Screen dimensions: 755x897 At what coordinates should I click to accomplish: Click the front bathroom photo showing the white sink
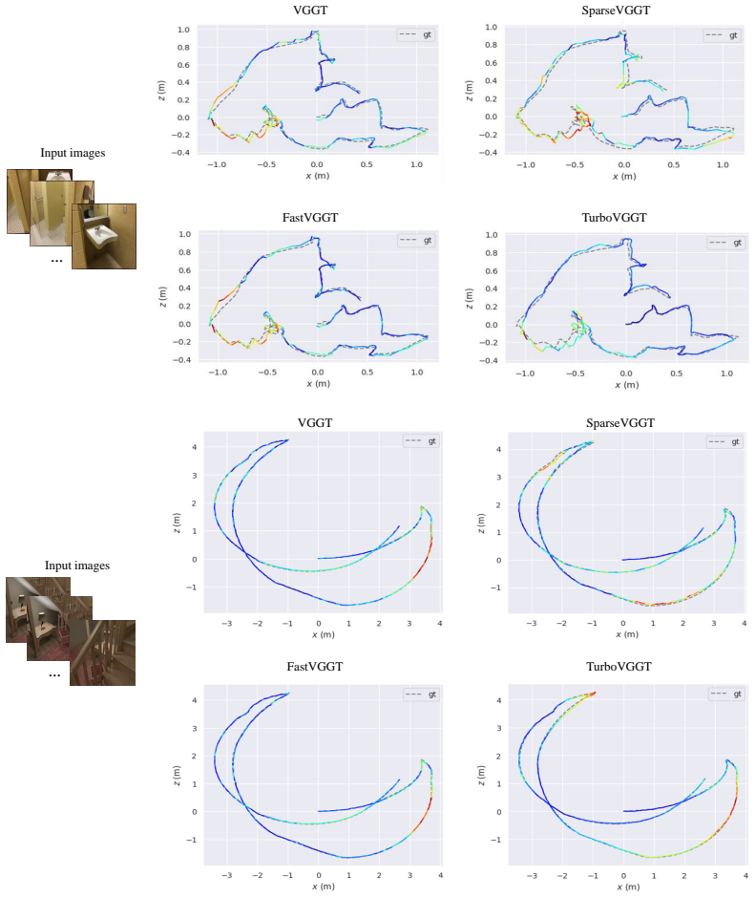(104, 236)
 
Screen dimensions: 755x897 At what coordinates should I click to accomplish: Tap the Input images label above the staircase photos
(77, 566)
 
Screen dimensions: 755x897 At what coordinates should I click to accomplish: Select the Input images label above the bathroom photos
(73, 153)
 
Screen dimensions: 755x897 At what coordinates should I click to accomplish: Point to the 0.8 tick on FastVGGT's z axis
(184, 252)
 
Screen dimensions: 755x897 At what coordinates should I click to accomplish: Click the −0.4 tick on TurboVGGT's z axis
(490, 361)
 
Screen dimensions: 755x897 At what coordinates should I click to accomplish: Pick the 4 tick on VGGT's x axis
(439, 623)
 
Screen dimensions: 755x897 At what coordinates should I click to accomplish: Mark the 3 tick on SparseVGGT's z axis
(498, 477)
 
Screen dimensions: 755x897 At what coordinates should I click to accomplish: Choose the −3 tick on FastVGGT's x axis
(227, 875)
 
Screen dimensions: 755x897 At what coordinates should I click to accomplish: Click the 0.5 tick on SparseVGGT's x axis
(674, 164)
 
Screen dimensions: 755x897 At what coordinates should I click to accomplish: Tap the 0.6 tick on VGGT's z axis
(183, 65)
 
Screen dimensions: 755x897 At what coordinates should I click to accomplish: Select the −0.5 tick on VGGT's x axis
(266, 164)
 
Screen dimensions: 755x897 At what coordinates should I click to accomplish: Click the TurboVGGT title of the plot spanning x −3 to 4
(619, 667)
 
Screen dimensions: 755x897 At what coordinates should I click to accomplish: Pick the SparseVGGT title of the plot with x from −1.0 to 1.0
(616, 11)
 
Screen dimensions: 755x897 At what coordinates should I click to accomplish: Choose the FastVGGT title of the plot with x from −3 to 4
(314, 667)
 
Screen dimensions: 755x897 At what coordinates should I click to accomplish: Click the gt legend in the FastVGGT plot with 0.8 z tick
(417, 241)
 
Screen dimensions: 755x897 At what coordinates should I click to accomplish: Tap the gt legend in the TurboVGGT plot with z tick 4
(725, 694)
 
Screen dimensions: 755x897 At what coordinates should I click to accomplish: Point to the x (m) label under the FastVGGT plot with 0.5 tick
(319, 383)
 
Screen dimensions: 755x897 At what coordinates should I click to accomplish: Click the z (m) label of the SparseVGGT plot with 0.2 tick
(470, 91)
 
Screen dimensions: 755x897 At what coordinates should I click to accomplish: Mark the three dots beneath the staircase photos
(54, 676)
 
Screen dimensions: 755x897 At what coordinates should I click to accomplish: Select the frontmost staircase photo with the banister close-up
(103, 652)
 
